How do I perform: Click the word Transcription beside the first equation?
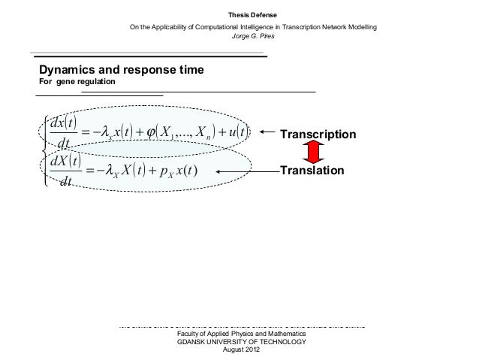(x=318, y=135)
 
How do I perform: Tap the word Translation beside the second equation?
(x=312, y=171)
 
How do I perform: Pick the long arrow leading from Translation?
(x=247, y=172)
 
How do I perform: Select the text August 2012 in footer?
(x=240, y=350)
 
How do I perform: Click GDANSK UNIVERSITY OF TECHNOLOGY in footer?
(x=240, y=342)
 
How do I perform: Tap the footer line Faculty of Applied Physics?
(x=240, y=334)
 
